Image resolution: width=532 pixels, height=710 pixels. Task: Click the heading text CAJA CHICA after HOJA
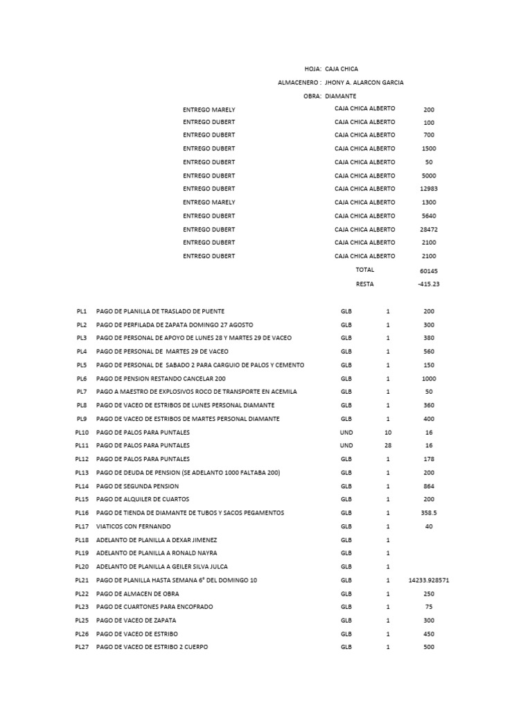click(342, 69)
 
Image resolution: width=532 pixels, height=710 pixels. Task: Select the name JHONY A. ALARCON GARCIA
click(364, 83)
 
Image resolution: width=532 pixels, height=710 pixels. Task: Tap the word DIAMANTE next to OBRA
click(341, 96)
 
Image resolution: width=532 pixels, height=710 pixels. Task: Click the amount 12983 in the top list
click(429, 189)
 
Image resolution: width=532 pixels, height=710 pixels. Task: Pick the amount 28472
click(429, 230)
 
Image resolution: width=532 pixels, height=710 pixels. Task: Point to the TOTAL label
click(364, 270)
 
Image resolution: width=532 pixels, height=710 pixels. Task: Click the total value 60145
click(429, 270)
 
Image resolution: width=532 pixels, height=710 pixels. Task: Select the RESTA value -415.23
click(429, 284)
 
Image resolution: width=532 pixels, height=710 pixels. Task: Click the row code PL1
click(82, 311)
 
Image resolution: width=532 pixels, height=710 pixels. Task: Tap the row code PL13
click(82, 472)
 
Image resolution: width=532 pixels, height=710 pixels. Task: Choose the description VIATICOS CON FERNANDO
click(134, 526)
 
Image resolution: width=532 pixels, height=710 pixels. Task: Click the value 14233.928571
click(429, 580)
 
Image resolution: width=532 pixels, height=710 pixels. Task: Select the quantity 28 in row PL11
click(388, 445)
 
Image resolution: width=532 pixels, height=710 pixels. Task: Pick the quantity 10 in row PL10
click(388, 432)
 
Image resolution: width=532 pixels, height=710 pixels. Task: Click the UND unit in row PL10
click(346, 432)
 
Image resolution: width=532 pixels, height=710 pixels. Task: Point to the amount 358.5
click(429, 513)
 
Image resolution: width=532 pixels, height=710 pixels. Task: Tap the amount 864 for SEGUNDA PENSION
click(429, 486)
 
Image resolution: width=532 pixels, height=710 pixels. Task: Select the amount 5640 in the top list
click(429, 216)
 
